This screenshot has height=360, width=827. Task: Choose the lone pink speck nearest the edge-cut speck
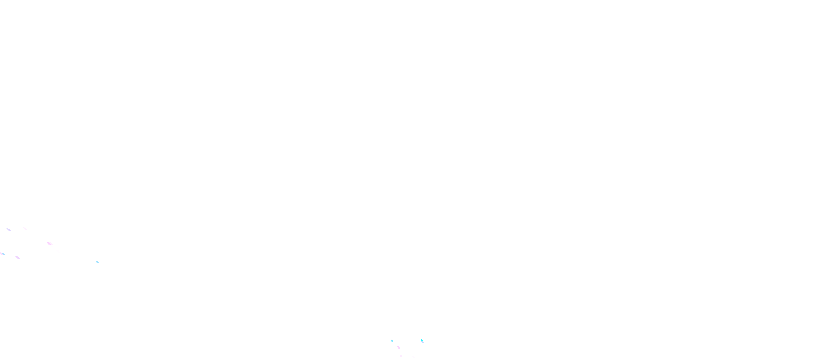point(18,258)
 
